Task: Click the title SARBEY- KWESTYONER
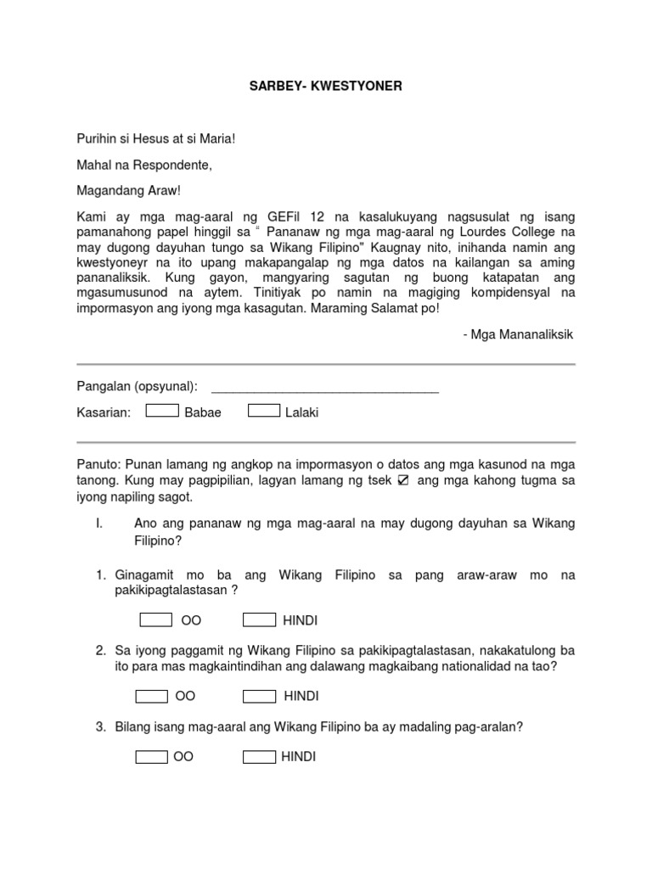325,87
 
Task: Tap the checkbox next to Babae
162,412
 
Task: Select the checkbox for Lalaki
264,412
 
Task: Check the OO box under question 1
155,620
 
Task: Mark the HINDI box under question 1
259,620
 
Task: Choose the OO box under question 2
152,697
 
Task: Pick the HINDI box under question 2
259,697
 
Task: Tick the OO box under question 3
151,757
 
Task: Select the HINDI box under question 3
259,757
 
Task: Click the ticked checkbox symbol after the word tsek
403,480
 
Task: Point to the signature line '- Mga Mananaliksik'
518,334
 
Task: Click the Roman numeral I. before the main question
98,524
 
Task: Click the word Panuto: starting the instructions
99,463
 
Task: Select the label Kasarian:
104,412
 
